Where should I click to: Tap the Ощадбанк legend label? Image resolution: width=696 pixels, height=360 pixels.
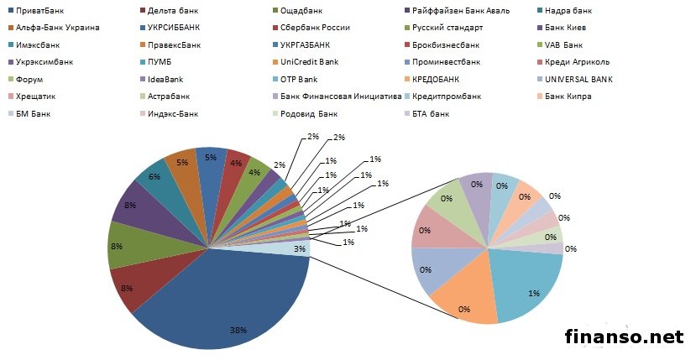[x=306, y=12]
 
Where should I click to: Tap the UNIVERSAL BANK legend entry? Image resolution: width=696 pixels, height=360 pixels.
[x=578, y=79]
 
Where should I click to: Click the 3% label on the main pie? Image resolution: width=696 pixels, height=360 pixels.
[x=299, y=248]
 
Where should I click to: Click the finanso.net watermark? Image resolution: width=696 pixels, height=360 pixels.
[x=624, y=337]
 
